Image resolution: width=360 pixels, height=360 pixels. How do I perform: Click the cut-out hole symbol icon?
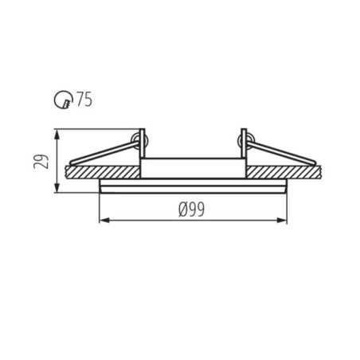62,100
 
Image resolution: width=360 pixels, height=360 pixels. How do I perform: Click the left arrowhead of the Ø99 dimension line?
101,221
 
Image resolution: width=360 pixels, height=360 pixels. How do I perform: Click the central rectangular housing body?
192,168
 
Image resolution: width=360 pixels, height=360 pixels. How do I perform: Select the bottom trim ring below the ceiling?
192,187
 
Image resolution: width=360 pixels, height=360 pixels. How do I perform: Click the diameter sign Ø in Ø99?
184,209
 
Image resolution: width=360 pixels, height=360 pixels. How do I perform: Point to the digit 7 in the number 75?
80,100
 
